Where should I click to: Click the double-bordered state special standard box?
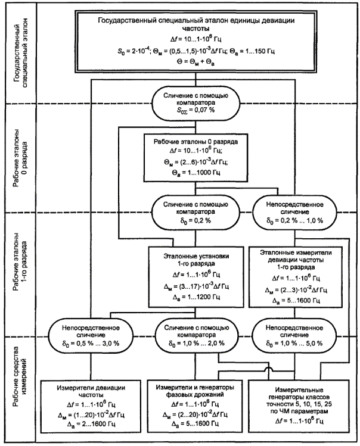coord(195,42)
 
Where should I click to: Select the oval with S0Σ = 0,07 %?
coord(195,103)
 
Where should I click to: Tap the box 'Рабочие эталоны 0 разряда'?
coord(195,158)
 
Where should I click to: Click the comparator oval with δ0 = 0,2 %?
coord(195,212)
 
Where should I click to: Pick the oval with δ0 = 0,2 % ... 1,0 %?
coord(295,212)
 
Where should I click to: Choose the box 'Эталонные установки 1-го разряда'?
coord(196,277)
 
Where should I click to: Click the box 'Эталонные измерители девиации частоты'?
coord(296,277)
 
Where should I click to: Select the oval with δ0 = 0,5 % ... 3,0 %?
coord(91,336)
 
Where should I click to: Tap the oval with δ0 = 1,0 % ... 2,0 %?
coord(197,336)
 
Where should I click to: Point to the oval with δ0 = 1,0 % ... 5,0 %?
coord(294,336)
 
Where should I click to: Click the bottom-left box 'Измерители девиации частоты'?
coord(91,406)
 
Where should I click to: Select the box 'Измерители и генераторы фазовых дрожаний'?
coord(195,406)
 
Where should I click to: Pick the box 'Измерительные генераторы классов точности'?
coord(299,406)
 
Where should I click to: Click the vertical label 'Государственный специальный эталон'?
coord(21,53)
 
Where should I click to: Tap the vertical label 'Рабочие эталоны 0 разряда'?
coord(21,158)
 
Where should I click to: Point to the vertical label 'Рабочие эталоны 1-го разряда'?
coord(21,266)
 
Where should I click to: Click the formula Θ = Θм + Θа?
coord(195,62)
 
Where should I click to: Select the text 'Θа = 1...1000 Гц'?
coord(196,173)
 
